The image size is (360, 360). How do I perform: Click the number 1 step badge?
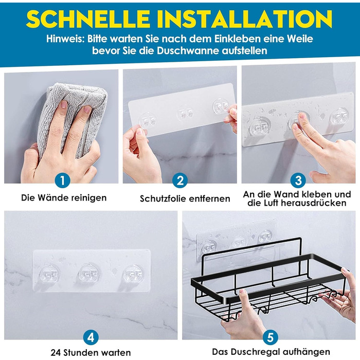click(x=62, y=180)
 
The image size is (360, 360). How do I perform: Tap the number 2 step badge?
click(x=180, y=180)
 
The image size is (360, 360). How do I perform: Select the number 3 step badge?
click(x=298, y=180)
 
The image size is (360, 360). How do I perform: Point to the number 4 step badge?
click(x=91, y=337)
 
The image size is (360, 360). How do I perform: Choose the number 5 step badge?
click(x=271, y=337)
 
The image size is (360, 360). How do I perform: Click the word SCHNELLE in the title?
click(x=88, y=19)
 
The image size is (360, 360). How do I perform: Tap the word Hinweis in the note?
click(x=65, y=39)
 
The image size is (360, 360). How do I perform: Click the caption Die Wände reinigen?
click(x=64, y=197)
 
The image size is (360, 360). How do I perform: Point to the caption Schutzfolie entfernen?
click(x=185, y=199)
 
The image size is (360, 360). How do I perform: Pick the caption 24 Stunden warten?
click(x=91, y=352)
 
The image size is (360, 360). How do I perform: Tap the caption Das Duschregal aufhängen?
click(x=271, y=352)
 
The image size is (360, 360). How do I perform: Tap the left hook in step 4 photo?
click(x=49, y=275)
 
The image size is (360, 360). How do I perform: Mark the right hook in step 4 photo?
click(x=133, y=275)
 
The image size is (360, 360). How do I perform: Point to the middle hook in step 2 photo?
click(x=185, y=113)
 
